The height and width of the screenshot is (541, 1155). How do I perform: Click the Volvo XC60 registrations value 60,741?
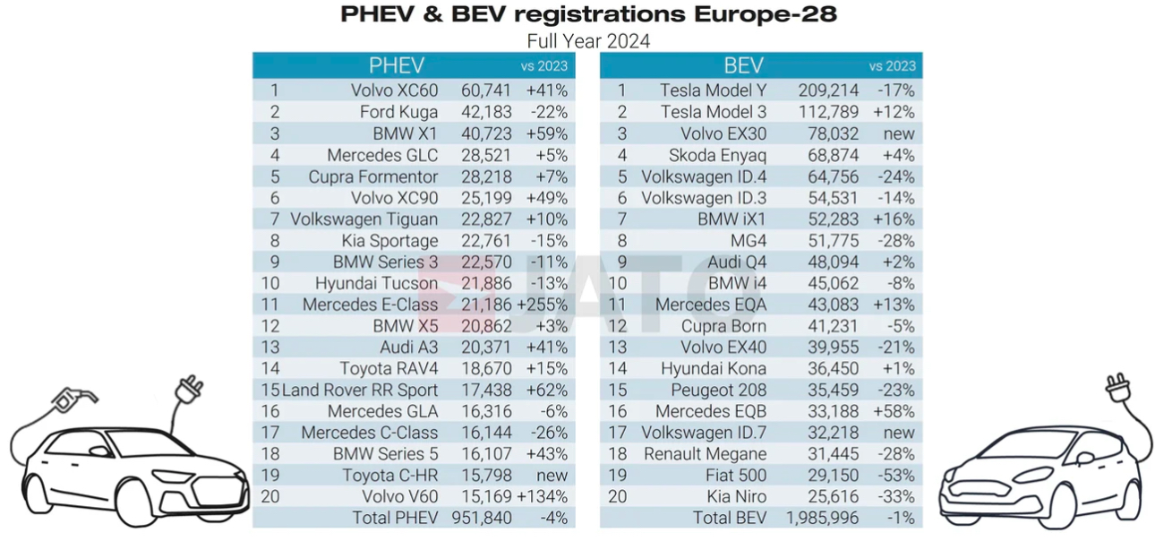[486, 90]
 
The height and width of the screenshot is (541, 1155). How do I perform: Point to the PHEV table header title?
[397, 65]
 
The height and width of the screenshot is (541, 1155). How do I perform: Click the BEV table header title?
[743, 65]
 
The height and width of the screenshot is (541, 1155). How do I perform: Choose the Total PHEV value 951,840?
[486, 518]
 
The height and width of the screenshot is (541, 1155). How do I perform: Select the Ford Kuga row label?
[398, 112]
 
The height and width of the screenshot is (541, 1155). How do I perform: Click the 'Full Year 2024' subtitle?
[588, 41]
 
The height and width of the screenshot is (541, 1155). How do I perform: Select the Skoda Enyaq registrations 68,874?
[828, 155]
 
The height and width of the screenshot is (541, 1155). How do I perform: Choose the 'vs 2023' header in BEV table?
[892, 66]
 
